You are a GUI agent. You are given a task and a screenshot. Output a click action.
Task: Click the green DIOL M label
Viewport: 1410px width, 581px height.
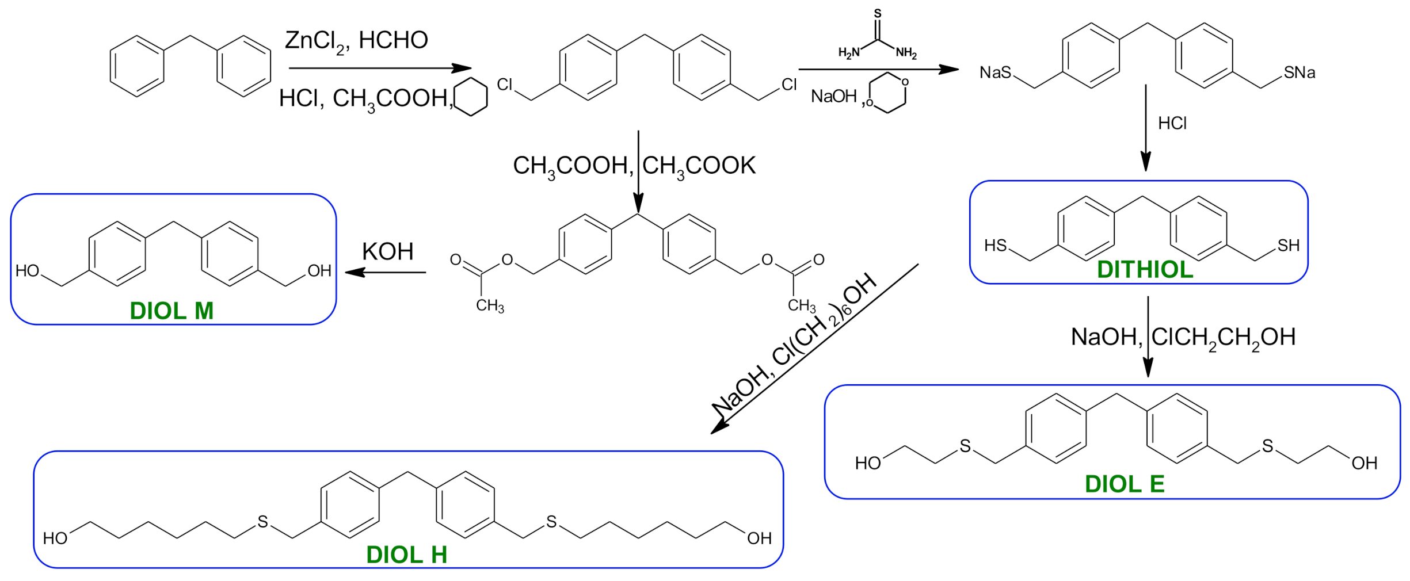172,311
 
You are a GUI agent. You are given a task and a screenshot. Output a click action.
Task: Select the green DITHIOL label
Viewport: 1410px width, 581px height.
1145,270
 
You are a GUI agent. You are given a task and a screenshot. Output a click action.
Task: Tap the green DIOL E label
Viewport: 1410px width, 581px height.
1124,484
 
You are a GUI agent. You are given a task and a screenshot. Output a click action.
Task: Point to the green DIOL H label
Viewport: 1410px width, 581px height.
406,555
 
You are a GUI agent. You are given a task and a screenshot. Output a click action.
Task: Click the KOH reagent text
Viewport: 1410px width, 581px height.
387,252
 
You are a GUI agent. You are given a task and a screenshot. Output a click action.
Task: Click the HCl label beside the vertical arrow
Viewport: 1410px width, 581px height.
1172,123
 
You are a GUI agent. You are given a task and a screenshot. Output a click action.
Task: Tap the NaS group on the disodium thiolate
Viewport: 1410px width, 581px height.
995,72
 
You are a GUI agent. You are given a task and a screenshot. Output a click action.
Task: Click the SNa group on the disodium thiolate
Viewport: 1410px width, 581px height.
1300,72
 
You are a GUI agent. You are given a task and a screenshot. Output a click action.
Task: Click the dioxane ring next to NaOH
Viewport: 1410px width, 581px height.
889,93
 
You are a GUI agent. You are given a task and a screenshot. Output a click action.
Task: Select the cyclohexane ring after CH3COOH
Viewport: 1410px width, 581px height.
471,97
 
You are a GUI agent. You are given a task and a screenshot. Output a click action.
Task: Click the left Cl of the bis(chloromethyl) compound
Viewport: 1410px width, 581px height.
505,85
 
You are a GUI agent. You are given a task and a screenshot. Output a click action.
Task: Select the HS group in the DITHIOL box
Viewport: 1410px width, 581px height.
995,246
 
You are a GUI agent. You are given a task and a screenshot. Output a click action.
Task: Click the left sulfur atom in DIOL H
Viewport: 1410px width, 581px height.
262,522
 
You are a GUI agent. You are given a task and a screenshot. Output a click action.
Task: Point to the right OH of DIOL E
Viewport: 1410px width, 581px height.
1364,463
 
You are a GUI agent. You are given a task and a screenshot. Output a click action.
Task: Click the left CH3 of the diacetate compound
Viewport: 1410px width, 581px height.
490,305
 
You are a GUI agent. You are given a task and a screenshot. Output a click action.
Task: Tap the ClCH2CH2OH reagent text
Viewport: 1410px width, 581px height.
1223,337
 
